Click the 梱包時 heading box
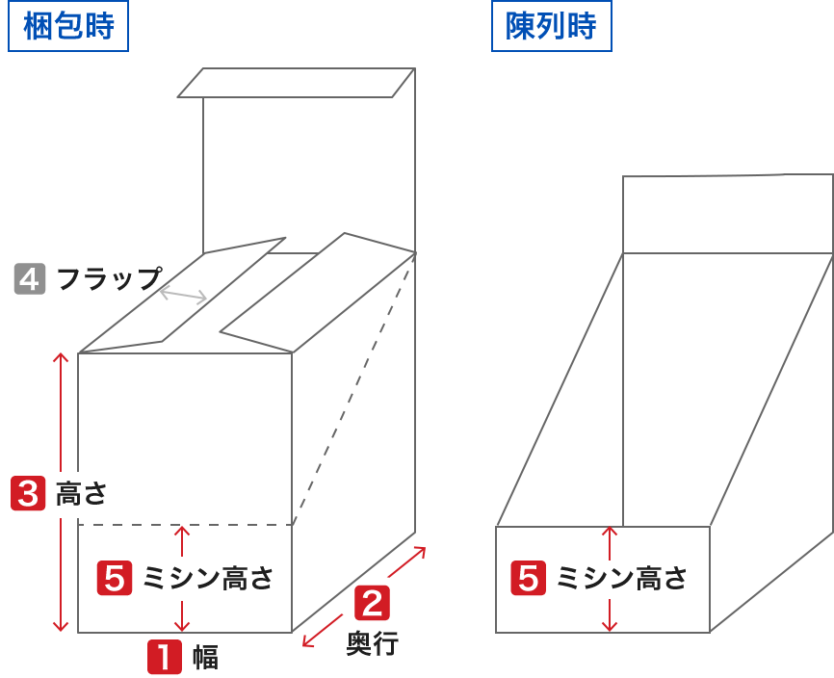[x=67, y=26]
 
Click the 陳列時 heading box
[x=551, y=26]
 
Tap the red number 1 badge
[x=164, y=657]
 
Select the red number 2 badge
[x=373, y=603]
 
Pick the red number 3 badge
[x=27, y=493]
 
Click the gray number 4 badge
[x=30, y=278]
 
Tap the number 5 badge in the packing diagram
[x=115, y=578]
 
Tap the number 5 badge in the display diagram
[x=529, y=578]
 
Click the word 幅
[x=205, y=658]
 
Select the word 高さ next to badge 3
[x=81, y=494]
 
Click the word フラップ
[x=109, y=279]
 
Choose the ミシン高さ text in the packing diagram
[x=208, y=578]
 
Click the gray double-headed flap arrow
[x=183, y=296]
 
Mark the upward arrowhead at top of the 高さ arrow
[x=61, y=359]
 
